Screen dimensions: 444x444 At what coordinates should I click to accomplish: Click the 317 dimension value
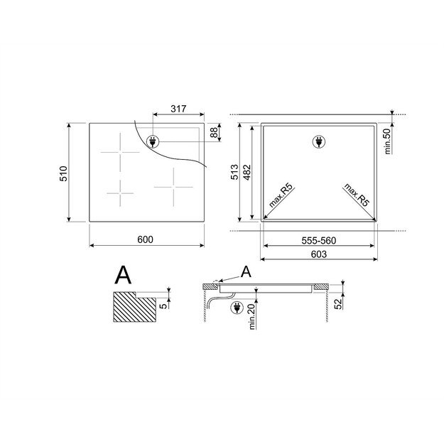tap(178, 109)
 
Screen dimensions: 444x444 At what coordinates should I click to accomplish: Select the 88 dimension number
tap(215, 132)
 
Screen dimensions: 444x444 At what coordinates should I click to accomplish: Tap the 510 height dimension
tap(63, 173)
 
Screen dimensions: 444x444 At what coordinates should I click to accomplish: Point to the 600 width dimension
tap(145, 239)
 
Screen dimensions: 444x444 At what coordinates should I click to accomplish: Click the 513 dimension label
tap(234, 172)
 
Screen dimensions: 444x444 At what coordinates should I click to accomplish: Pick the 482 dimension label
tap(247, 172)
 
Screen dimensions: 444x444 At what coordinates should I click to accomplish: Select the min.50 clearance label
tap(387, 141)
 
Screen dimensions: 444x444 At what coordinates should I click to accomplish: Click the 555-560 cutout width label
tap(319, 241)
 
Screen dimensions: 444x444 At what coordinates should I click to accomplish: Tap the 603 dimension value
tap(319, 254)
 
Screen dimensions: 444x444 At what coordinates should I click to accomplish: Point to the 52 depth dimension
tap(338, 304)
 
